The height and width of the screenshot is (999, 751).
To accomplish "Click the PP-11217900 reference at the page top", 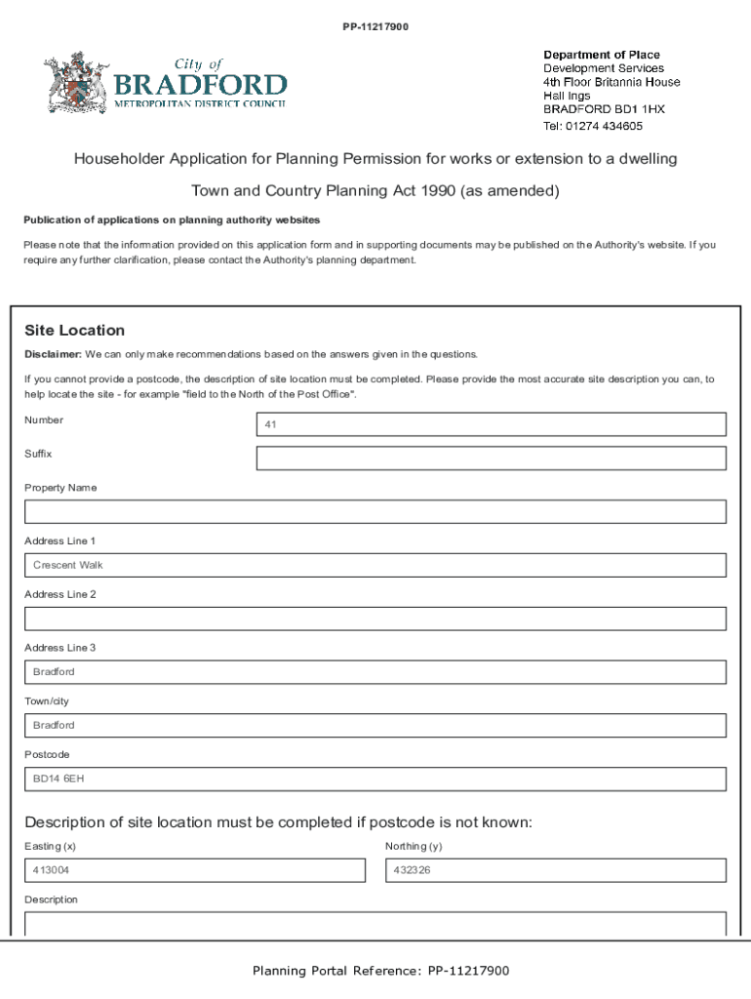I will click(x=375, y=26).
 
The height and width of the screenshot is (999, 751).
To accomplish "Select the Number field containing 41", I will click(x=491, y=424).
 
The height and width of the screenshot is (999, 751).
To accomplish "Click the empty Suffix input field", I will click(x=491, y=459).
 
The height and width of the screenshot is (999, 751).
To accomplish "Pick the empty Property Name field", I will click(x=375, y=512).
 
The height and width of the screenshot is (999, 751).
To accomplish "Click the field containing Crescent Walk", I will click(x=375, y=566).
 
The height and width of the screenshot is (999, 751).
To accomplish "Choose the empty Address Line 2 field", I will click(x=375, y=619).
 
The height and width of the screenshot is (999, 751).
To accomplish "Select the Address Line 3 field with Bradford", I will click(x=375, y=672).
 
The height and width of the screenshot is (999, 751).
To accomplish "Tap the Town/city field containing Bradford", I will click(x=375, y=726).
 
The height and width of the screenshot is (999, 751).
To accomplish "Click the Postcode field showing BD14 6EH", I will click(x=375, y=779).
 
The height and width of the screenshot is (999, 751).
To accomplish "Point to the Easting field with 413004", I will click(x=195, y=870).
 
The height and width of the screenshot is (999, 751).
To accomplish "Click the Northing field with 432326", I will click(x=556, y=870).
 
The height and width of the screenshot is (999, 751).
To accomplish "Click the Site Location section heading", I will click(x=75, y=331).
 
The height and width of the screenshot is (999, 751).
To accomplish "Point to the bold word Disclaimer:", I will click(x=53, y=354).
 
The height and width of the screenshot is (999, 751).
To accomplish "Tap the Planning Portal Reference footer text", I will click(x=380, y=971).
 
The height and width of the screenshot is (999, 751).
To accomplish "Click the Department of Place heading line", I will click(x=601, y=55).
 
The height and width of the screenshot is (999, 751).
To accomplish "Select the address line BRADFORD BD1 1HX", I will click(x=604, y=110).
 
